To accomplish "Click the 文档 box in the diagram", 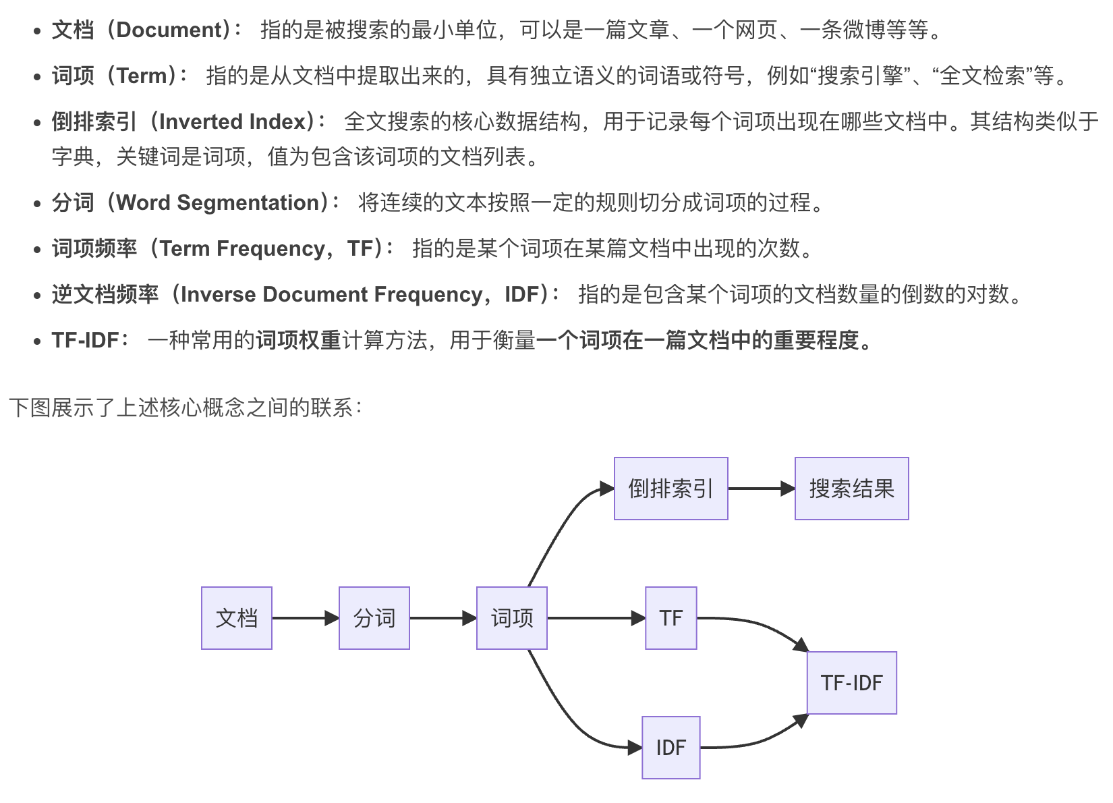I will pos(237,618).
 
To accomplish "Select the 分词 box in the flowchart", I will pos(374,618).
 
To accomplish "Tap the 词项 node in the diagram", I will pos(512,618).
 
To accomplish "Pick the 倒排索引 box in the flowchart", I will pos(670,489).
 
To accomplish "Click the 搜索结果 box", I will pos(851,489).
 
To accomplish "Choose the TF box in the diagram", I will pos(671,618).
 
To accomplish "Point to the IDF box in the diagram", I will pos(671,748).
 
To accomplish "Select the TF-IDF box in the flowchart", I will pos(852,683).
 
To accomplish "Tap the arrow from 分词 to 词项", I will pos(443,618).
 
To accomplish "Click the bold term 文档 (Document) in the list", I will pos(146,30).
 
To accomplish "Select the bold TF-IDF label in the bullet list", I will pos(86,340).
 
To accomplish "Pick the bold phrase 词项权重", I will pos(298,340).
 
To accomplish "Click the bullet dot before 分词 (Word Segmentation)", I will pos(38,204).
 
